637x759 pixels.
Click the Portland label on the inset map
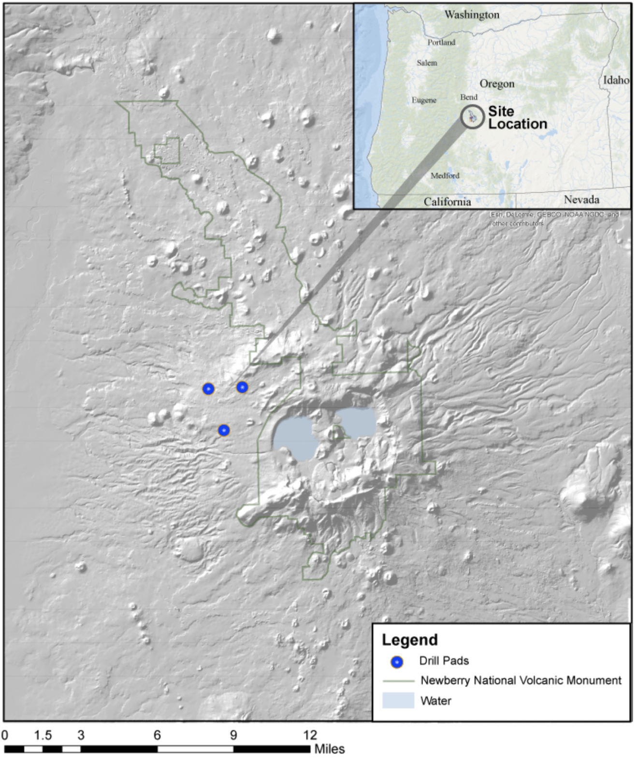441,43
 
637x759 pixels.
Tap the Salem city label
427,63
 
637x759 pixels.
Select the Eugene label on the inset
424,100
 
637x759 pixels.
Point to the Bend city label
468,97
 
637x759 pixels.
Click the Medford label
445,175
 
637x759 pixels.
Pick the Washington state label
472,15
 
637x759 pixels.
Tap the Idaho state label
616,80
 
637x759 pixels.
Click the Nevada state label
581,200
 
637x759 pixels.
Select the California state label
447,202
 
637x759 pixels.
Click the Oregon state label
497,84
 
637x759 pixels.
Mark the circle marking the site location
472,117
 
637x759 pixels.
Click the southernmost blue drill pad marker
223,430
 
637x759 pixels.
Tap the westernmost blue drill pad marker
208,388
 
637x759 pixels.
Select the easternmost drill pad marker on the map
242,387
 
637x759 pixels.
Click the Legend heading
409,640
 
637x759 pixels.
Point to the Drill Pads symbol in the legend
397,662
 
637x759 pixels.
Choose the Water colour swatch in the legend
398,701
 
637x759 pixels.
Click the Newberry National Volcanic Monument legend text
521,680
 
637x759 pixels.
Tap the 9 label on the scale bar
233,735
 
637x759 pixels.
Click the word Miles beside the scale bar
330,749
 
